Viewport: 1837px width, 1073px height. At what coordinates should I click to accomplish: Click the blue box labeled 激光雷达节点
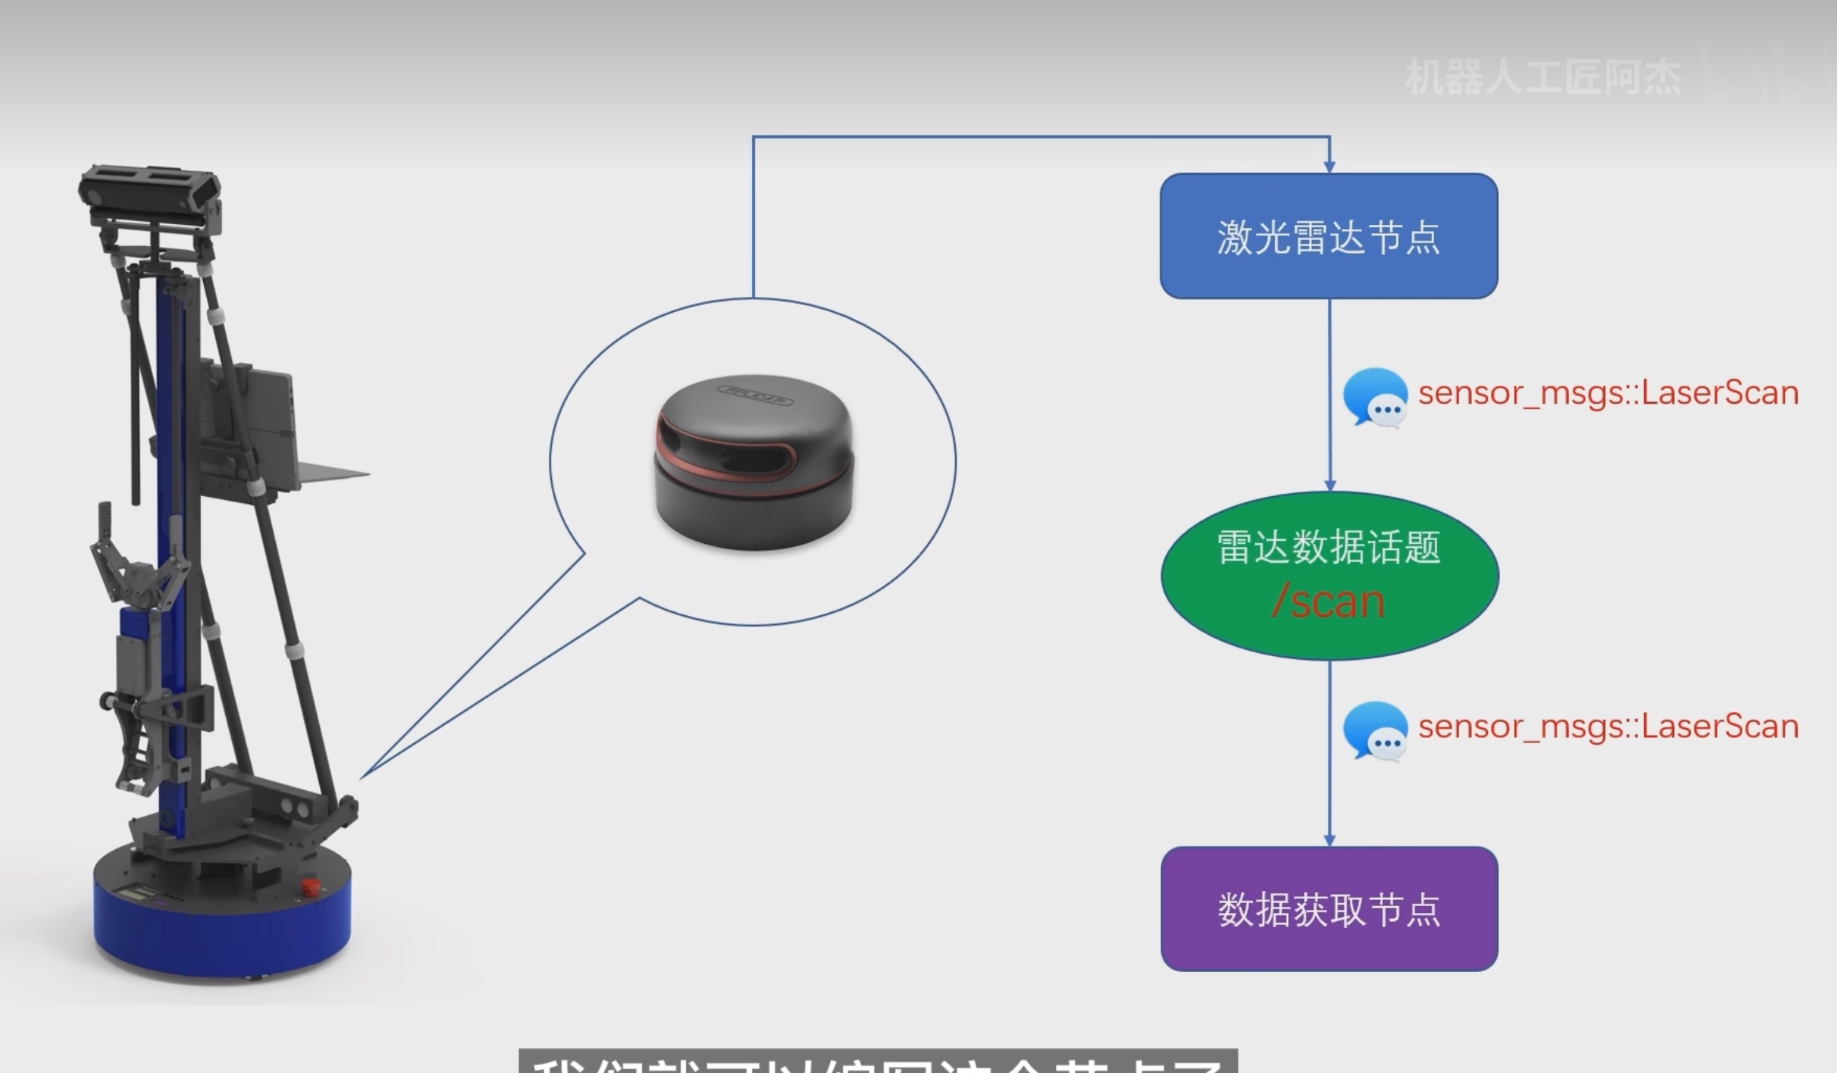[x=1328, y=235]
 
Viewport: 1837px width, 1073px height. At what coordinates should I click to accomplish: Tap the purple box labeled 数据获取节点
[x=1329, y=909]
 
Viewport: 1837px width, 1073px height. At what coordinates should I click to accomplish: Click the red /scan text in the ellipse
[x=1327, y=602]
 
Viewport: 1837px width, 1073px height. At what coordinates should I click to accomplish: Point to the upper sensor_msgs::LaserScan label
[x=1607, y=393]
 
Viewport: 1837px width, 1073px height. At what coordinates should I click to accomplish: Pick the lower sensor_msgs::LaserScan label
[x=1607, y=727]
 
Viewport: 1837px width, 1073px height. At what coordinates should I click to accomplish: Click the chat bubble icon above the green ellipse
[x=1374, y=397]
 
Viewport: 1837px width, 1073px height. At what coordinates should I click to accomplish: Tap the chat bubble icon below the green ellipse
[x=1374, y=730]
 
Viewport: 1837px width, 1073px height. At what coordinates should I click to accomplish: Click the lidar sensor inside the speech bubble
[x=753, y=462]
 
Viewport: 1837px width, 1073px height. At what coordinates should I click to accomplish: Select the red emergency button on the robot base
[x=310, y=887]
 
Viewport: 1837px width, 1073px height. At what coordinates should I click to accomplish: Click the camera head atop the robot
[x=149, y=192]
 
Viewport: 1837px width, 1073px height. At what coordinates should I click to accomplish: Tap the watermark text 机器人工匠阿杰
[x=1542, y=78]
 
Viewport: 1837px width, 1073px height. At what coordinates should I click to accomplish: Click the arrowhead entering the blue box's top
[x=1329, y=165]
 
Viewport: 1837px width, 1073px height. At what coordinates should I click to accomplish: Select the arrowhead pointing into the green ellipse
[x=1329, y=484]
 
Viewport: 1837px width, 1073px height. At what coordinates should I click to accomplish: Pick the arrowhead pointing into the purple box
[x=1329, y=839]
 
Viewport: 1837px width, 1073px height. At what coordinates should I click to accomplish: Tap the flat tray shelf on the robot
[x=329, y=473]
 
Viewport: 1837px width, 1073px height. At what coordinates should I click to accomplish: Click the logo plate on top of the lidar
[x=753, y=394]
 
